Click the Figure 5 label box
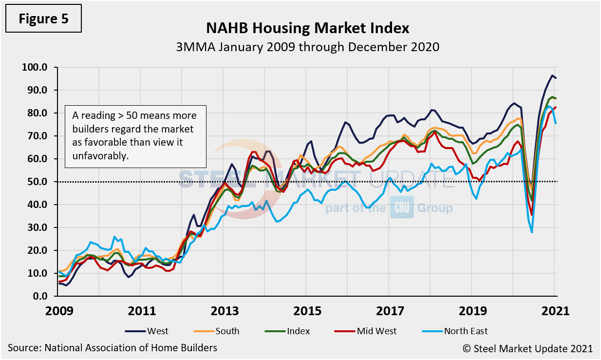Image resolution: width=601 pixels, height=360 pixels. [44, 19]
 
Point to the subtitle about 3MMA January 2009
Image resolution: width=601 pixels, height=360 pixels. [307, 47]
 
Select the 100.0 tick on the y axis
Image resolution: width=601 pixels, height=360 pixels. [34, 67]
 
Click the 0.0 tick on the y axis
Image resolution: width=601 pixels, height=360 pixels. [38, 296]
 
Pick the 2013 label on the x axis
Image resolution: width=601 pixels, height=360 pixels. [223, 311]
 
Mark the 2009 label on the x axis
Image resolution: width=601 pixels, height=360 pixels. [57, 311]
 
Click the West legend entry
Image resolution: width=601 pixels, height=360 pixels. [147, 331]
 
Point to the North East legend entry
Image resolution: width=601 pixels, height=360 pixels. [455, 331]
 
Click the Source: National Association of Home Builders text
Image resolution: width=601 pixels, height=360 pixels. [113, 348]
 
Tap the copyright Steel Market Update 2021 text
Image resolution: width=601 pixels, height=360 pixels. [527, 348]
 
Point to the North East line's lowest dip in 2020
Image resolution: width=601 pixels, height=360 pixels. [532, 232]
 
